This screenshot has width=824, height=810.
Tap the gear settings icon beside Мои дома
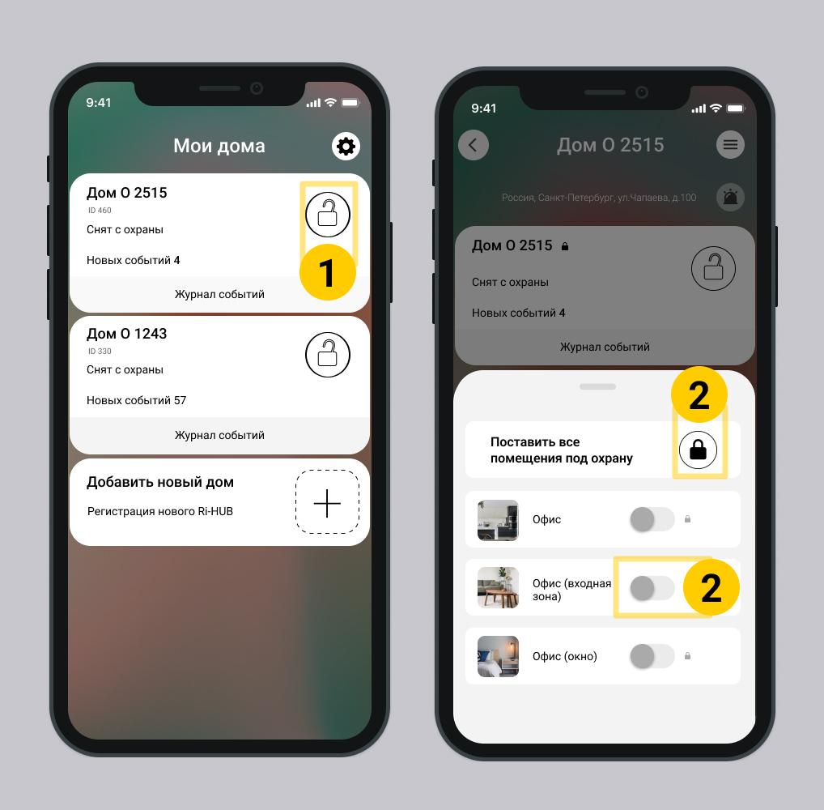pyautogui.click(x=346, y=146)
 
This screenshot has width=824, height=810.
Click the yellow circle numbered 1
pyautogui.click(x=327, y=272)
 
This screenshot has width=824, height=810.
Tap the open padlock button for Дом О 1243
pyautogui.click(x=327, y=355)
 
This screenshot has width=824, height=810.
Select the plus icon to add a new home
pyautogui.click(x=327, y=503)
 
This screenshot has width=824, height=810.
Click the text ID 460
pyautogui.click(x=100, y=211)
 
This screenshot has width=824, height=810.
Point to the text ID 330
pyautogui.click(x=100, y=352)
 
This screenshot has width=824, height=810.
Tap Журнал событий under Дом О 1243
pyautogui.click(x=219, y=436)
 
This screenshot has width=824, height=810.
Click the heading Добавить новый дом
pyautogui.click(x=160, y=482)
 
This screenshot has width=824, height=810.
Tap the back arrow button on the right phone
pyautogui.click(x=473, y=145)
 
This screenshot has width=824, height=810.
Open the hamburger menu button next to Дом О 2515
pyautogui.click(x=730, y=145)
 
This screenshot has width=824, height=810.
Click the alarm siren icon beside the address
pyautogui.click(x=730, y=198)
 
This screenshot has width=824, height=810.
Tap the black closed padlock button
pyautogui.click(x=698, y=450)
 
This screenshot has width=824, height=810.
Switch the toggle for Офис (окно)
pyautogui.click(x=652, y=656)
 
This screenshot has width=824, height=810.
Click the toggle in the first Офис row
pyautogui.click(x=652, y=520)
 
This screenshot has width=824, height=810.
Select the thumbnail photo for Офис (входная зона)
pyautogui.click(x=498, y=587)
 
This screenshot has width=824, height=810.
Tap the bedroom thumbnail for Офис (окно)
pyautogui.click(x=498, y=656)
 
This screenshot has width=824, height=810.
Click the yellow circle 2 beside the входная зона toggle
pyautogui.click(x=711, y=587)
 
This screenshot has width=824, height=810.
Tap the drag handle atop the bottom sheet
pyautogui.click(x=597, y=386)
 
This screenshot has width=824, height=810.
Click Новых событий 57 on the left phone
pyautogui.click(x=137, y=401)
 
